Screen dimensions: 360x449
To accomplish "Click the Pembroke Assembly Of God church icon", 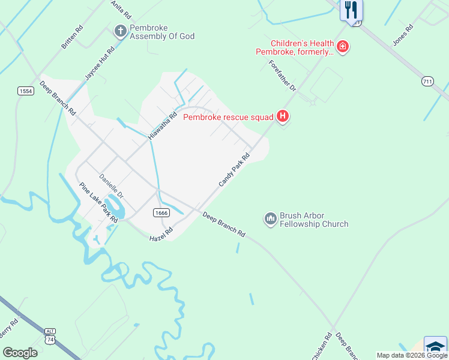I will click(x=120, y=31).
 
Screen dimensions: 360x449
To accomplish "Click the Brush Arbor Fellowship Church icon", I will click(x=270, y=219).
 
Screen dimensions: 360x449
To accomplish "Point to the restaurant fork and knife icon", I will click(x=351, y=10).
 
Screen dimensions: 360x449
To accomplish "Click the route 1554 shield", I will click(x=25, y=90).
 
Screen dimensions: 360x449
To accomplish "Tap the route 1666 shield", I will click(x=160, y=212).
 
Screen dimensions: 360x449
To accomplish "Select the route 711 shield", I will click(x=427, y=81).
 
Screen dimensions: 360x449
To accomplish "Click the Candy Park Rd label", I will click(x=234, y=169).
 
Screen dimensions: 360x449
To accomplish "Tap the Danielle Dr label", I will click(x=111, y=187).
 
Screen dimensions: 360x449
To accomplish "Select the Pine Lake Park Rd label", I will click(x=98, y=203).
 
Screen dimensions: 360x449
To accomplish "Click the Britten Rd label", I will click(x=72, y=37).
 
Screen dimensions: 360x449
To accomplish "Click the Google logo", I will click(x=20, y=353).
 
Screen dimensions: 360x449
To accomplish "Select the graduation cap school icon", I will click(x=435, y=347).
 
